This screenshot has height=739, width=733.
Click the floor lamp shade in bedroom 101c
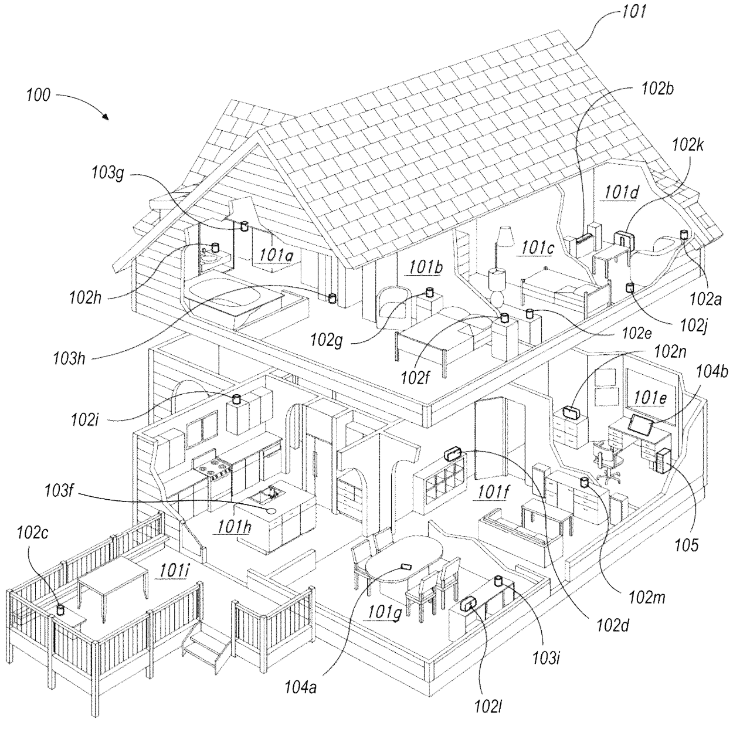coord(504,236)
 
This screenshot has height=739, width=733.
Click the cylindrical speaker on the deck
coord(60,610)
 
